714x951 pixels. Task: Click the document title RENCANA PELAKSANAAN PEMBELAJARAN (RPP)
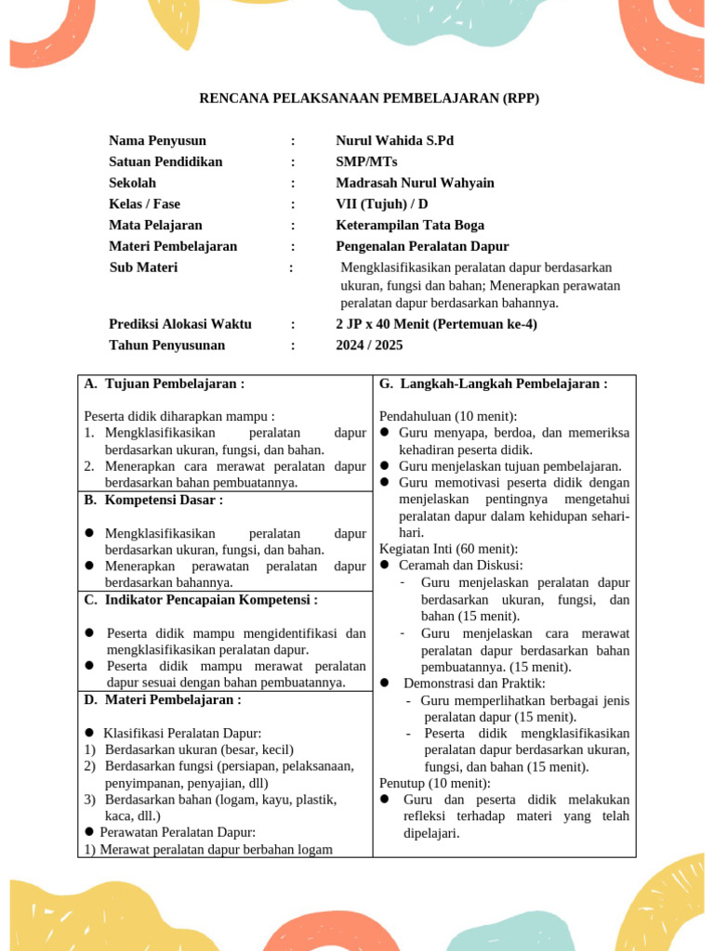(370, 98)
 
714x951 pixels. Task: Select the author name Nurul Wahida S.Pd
(395, 141)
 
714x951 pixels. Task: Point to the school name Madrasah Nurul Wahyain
(415, 183)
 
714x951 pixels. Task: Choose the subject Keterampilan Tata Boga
(410, 225)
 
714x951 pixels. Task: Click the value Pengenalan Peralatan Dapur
(422, 246)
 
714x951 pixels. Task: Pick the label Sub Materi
(143, 267)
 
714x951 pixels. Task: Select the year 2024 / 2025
(369, 345)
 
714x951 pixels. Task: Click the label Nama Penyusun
(157, 141)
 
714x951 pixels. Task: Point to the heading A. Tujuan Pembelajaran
(165, 384)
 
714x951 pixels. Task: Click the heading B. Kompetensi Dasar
(153, 500)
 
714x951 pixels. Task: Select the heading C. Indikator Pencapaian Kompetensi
(201, 600)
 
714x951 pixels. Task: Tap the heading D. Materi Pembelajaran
(163, 699)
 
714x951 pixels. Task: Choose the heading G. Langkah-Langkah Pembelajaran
(494, 384)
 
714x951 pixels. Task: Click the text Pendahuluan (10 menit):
(448, 416)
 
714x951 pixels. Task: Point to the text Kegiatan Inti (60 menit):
(448, 549)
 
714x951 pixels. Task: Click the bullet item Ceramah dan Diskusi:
(460, 565)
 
